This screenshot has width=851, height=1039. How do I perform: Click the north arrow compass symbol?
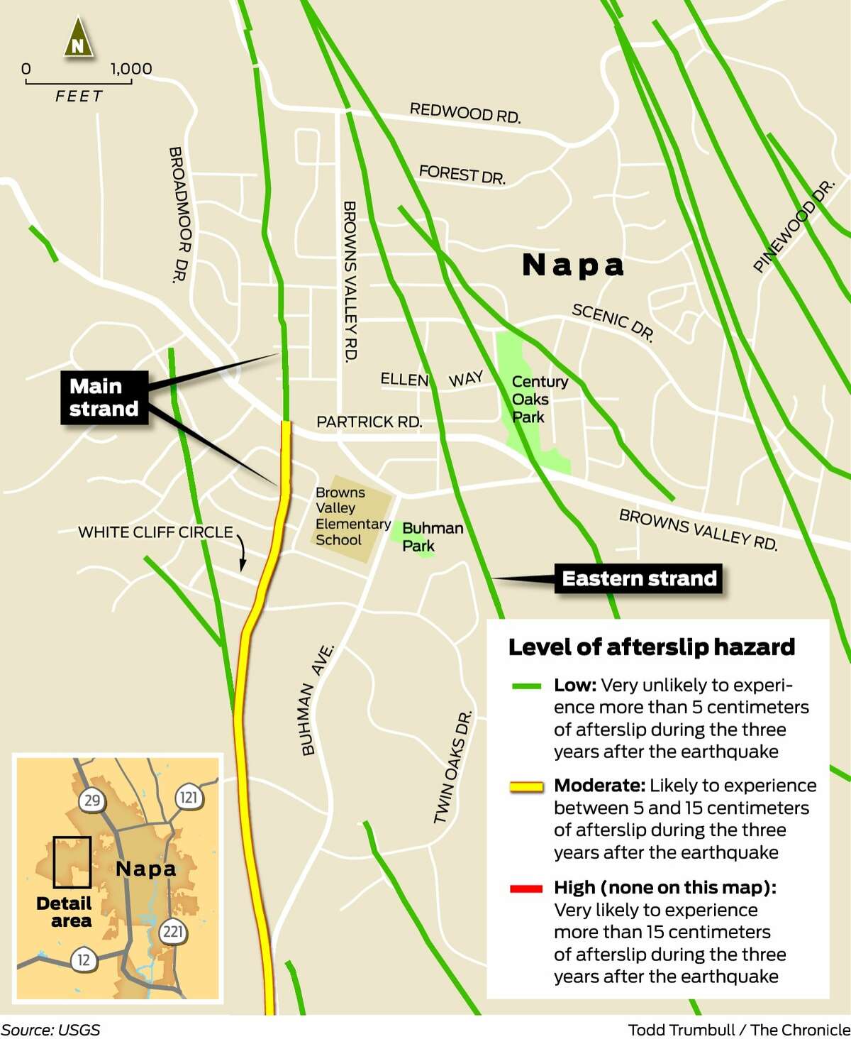point(77,39)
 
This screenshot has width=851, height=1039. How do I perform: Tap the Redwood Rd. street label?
point(465,113)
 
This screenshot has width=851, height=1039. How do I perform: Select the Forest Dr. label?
point(462,174)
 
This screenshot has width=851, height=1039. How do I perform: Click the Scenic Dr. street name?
point(613,321)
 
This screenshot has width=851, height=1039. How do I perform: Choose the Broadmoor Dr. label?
point(179,214)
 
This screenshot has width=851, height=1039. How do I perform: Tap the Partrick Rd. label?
point(369,422)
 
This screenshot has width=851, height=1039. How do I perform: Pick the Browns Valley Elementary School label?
point(351,516)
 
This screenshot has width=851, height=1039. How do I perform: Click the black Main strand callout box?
point(104,397)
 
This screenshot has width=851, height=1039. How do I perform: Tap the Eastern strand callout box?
point(639,578)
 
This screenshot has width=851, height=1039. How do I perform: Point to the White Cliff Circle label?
point(155,532)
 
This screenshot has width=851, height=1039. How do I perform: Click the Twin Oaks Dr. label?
point(452,766)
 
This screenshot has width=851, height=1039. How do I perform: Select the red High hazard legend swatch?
point(526,888)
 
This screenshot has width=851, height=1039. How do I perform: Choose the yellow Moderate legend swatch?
point(526,786)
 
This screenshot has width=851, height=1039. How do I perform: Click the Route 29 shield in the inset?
point(91,801)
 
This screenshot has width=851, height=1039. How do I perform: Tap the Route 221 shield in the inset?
point(172,931)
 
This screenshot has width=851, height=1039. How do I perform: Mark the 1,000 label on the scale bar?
point(131,69)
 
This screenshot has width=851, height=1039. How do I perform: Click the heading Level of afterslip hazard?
point(652,647)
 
